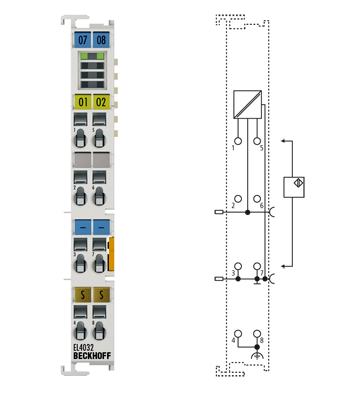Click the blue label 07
point(82,40)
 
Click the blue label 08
point(100,40)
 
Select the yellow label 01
point(82,101)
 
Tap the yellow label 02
point(100,101)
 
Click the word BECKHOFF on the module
point(89,358)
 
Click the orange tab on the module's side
point(113,254)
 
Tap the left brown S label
point(82,294)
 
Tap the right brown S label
point(100,294)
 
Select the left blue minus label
point(82,227)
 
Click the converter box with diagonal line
point(248,104)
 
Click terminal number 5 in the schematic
point(262,148)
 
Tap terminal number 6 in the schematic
point(262,205)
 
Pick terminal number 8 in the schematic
point(262,341)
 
